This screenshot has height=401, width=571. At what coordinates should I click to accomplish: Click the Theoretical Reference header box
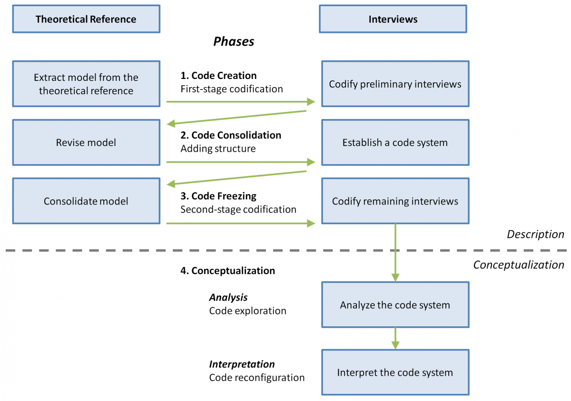pyautogui.click(x=86, y=19)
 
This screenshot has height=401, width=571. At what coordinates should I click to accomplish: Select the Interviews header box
pyautogui.click(x=393, y=19)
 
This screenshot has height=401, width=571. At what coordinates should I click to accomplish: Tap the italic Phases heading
pyautogui.click(x=234, y=41)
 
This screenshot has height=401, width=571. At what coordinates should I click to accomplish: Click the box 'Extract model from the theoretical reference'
pyautogui.click(x=86, y=84)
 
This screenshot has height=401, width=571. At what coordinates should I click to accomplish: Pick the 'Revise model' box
pyautogui.click(x=86, y=142)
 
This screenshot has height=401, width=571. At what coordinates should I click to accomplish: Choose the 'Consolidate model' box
pyautogui.click(x=86, y=201)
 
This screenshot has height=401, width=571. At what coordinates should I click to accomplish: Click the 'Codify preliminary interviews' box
pyautogui.click(x=395, y=84)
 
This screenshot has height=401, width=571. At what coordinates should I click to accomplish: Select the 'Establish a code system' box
pyautogui.click(x=395, y=142)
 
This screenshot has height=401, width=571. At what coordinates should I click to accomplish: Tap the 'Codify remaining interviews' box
pyautogui.click(x=395, y=201)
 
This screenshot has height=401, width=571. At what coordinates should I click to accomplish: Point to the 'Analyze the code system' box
pyautogui.click(x=395, y=305)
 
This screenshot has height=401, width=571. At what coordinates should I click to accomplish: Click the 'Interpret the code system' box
pyautogui.click(x=395, y=372)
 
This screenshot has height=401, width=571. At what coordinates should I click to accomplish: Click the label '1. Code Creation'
pyautogui.click(x=218, y=76)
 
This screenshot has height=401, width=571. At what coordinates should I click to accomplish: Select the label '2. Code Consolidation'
pyautogui.click(x=231, y=135)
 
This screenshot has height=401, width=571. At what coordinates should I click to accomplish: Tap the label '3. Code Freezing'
pyautogui.click(x=218, y=196)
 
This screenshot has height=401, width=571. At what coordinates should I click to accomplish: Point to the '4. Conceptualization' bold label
pyautogui.click(x=227, y=271)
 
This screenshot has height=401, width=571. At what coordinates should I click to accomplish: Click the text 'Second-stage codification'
pyautogui.click(x=238, y=209)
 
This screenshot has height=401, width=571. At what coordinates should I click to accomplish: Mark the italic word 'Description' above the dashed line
pyautogui.click(x=535, y=235)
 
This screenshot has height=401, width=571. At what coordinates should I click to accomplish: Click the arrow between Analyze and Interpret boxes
pyautogui.click(x=395, y=338)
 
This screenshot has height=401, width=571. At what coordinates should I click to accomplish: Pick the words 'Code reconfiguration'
pyautogui.click(x=256, y=378)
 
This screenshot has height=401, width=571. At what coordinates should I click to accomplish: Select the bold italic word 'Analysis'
pyautogui.click(x=228, y=297)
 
